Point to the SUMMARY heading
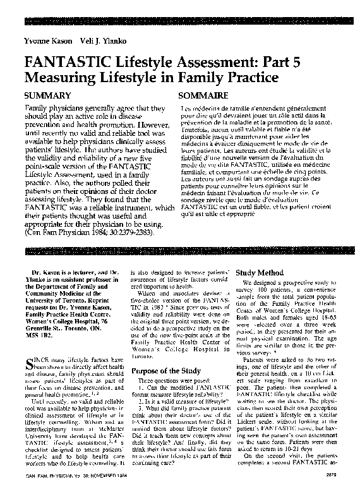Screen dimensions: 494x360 tap(45, 95)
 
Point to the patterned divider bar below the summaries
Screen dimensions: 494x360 tap(179, 251)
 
